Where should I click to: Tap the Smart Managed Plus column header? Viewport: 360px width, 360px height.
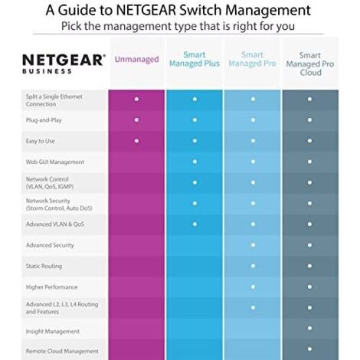point(195,60)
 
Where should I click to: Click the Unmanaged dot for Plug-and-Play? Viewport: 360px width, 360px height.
point(136,119)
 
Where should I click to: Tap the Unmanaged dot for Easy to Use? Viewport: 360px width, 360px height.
point(136,140)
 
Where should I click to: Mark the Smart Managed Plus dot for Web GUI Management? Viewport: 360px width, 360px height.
point(195,162)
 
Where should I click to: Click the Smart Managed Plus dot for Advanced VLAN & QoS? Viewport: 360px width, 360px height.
point(195,224)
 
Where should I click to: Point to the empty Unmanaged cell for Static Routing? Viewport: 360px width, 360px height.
point(136,267)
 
